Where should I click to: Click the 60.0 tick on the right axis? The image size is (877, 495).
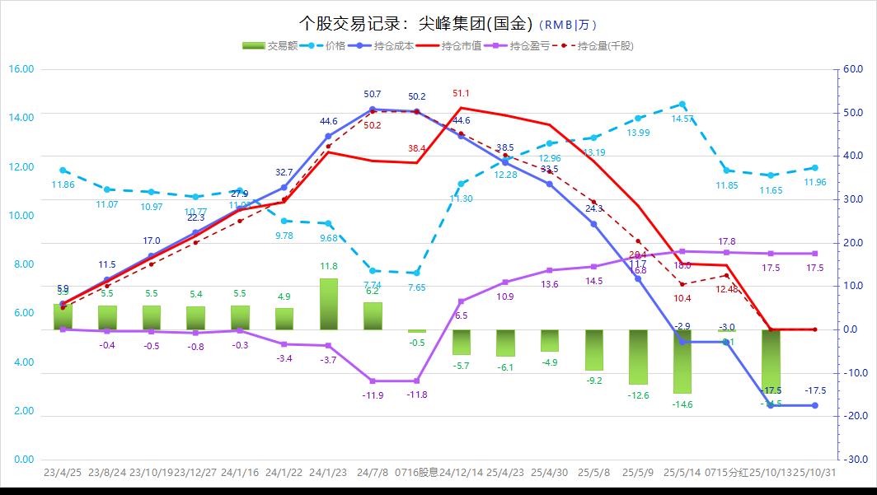click(853, 69)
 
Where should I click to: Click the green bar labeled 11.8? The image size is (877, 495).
click(328, 304)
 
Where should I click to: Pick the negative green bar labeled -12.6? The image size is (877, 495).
click(638, 357)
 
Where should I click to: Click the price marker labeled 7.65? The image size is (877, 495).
click(416, 273)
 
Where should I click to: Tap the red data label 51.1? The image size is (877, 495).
click(462, 93)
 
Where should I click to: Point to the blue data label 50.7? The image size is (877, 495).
click(372, 95)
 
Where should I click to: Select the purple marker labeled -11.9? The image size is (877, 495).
click(373, 381)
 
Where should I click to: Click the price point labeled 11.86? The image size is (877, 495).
click(63, 170)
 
